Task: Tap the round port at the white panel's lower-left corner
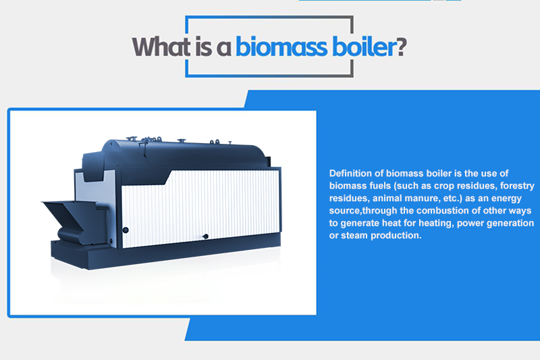[125, 230]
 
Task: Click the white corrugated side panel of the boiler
[202, 203]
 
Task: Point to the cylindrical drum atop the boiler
[182, 154]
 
